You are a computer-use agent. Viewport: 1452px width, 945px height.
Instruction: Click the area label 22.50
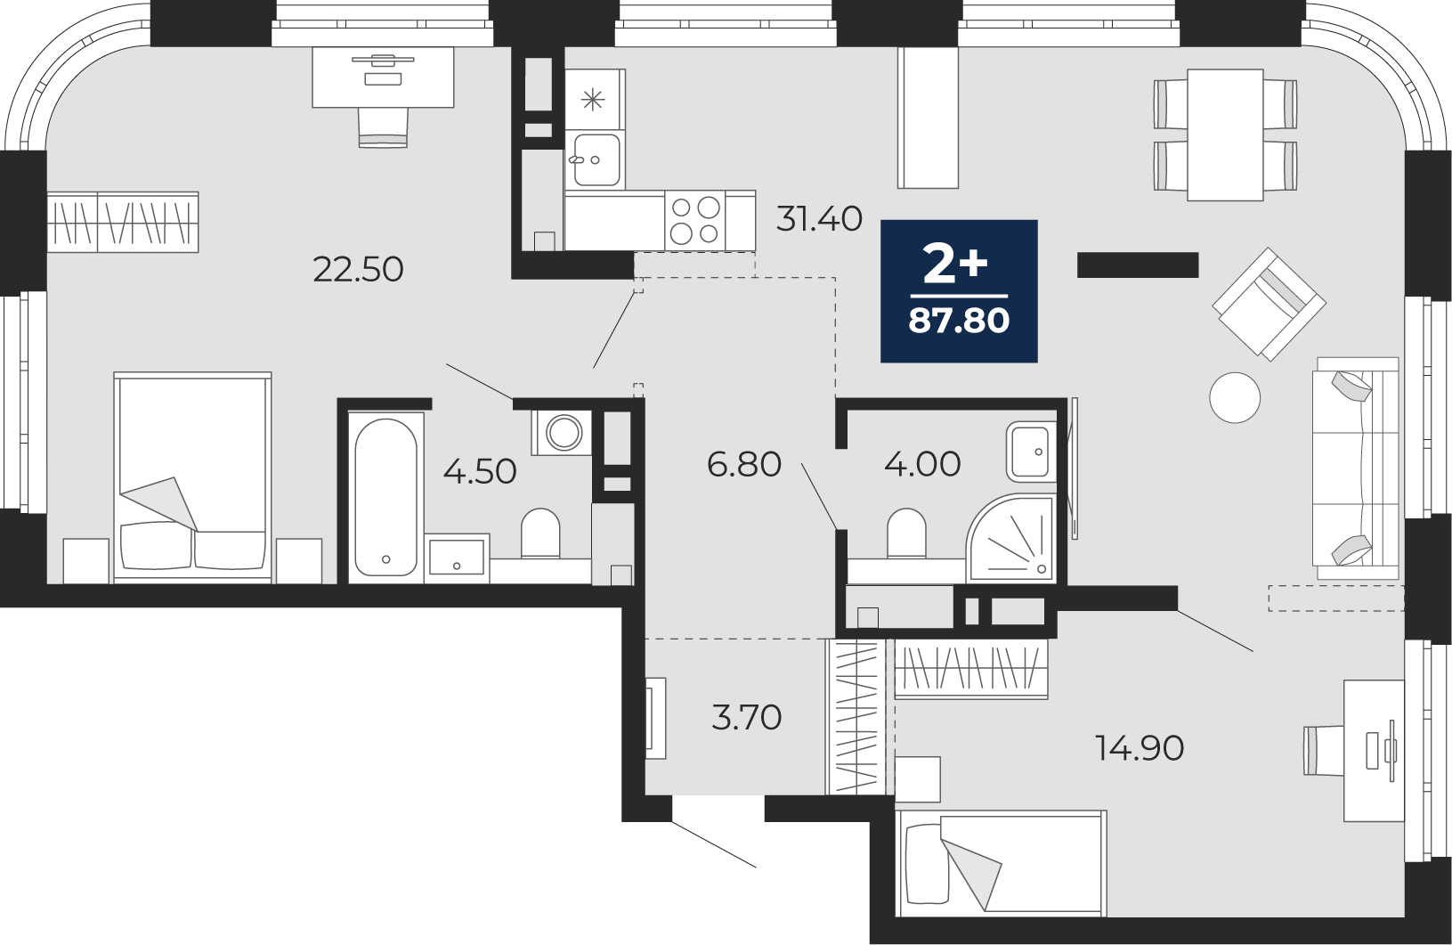358,269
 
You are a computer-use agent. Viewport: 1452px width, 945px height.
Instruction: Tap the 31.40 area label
819,218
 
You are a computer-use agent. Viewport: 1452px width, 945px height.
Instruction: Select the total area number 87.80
959,321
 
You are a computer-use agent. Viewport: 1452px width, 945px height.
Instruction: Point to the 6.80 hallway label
744,464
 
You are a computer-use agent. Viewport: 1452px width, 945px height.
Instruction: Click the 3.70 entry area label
747,717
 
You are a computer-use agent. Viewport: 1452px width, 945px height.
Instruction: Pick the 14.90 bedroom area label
1140,748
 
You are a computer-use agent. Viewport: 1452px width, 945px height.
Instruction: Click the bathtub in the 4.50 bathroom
385,497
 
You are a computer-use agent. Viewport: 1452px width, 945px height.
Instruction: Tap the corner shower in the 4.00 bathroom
1010,538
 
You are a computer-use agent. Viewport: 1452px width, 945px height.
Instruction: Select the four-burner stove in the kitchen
695,220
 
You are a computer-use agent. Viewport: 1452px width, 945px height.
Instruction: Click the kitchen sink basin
596,159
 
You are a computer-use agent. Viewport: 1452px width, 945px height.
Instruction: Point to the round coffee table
1234,397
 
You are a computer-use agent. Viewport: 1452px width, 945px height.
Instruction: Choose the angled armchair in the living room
1269,304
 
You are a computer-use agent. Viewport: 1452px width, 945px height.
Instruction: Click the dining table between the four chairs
1225,134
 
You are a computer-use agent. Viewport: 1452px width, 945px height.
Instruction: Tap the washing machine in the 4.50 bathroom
562,432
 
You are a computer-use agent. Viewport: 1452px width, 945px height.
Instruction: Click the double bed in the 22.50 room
192,477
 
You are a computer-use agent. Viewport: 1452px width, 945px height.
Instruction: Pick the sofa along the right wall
1356,468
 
